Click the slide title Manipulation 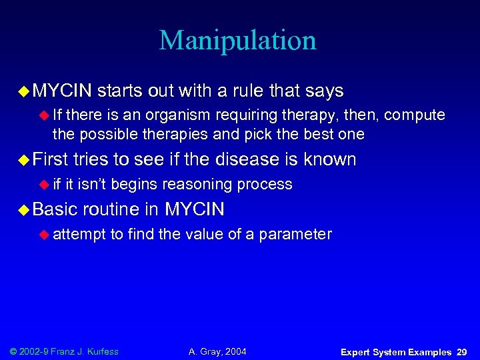click(238, 41)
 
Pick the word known click(329, 159)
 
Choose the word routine click(113, 209)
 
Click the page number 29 click(461, 351)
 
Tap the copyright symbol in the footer click(14, 351)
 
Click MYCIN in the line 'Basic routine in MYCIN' click(195, 209)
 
